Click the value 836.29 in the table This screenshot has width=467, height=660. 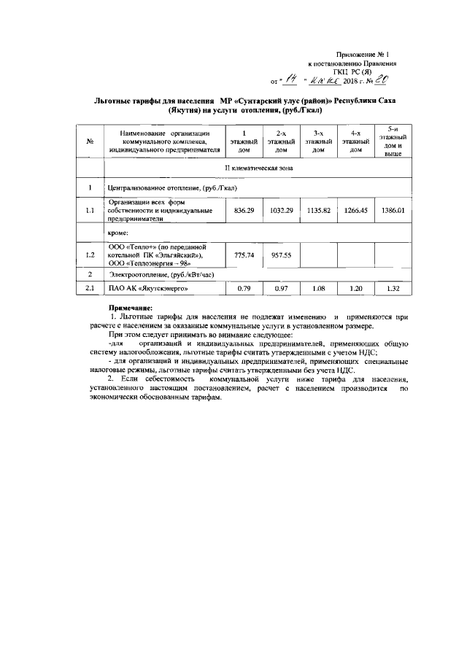click(244, 210)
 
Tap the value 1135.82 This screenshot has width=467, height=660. click(318, 210)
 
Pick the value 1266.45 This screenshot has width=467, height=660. click(356, 210)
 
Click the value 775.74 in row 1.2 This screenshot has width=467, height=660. click(244, 255)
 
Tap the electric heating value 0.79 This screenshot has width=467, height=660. click(244, 290)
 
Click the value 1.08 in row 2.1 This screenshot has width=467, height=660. click(318, 290)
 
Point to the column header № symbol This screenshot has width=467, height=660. click(89, 141)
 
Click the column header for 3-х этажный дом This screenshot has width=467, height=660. click(318, 141)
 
